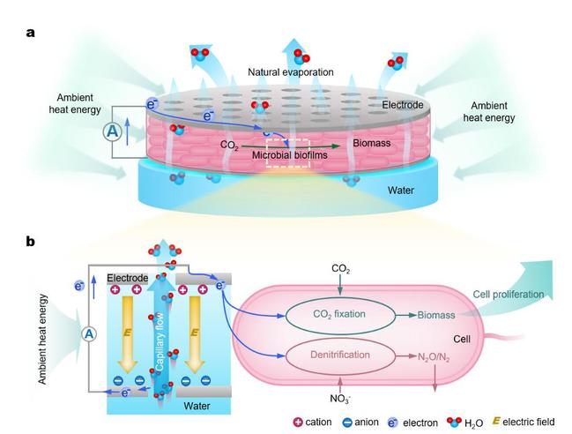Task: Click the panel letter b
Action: point(31,240)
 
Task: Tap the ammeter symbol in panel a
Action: point(112,132)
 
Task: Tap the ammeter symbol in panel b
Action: point(87,334)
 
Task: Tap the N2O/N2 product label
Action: point(438,357)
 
